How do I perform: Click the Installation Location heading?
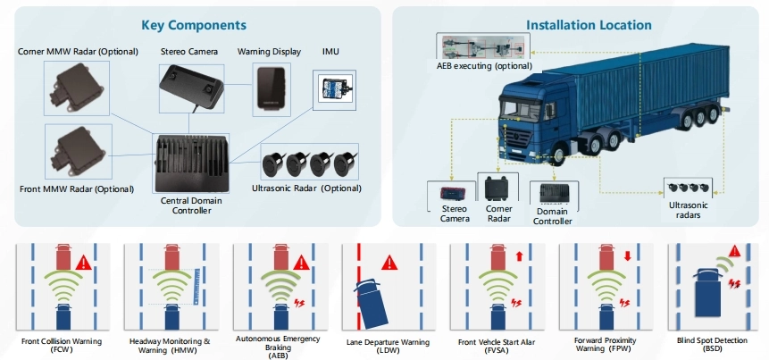tap(577, 25)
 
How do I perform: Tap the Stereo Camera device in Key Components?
tap(190, 88)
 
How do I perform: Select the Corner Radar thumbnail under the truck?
tap(497, 188)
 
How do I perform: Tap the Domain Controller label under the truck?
tap(553, 215)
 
